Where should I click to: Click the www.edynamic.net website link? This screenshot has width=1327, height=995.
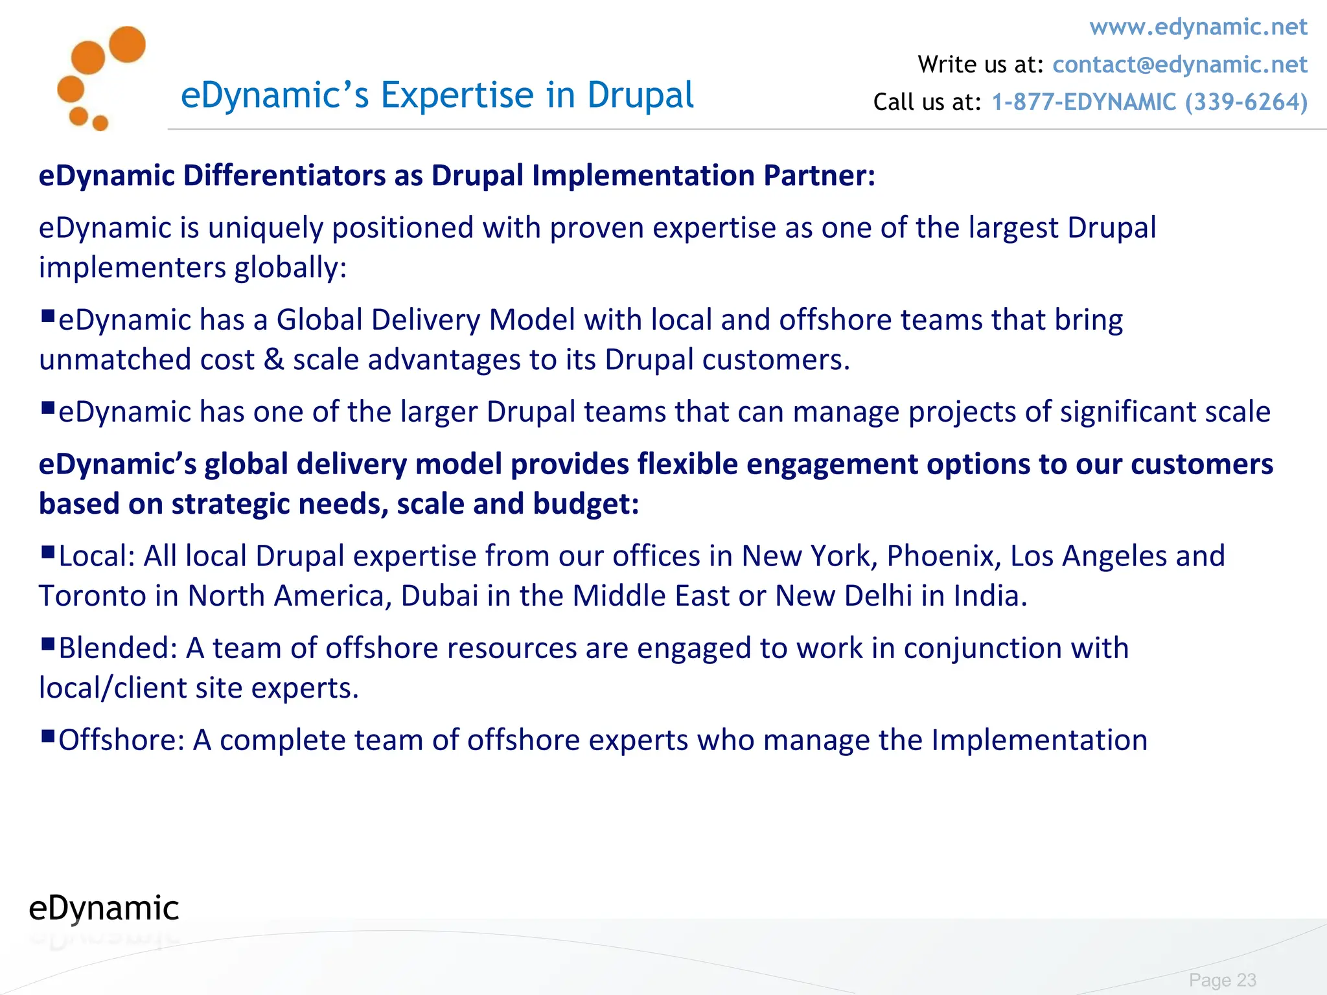[x=1198, y=27]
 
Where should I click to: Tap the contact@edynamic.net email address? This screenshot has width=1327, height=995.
[x=1180, y=65]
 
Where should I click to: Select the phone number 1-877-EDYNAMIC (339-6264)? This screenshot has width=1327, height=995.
[x=1149, y=102]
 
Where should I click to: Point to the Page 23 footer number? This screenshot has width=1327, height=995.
[x=1222, y=979]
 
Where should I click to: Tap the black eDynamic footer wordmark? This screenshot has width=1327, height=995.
[x=104, y=908]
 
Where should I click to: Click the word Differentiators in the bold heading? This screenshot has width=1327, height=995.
[x=284, y=176]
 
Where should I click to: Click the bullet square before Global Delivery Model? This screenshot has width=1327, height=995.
[x=47, y=316]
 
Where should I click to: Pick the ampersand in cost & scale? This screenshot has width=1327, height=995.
[x=274, y=360]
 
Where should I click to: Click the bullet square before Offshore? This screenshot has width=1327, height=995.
[x=47, y=736]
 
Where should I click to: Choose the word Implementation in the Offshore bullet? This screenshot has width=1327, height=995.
[x=1039, y=740]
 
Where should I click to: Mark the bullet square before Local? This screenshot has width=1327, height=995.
[x=47, y=552]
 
